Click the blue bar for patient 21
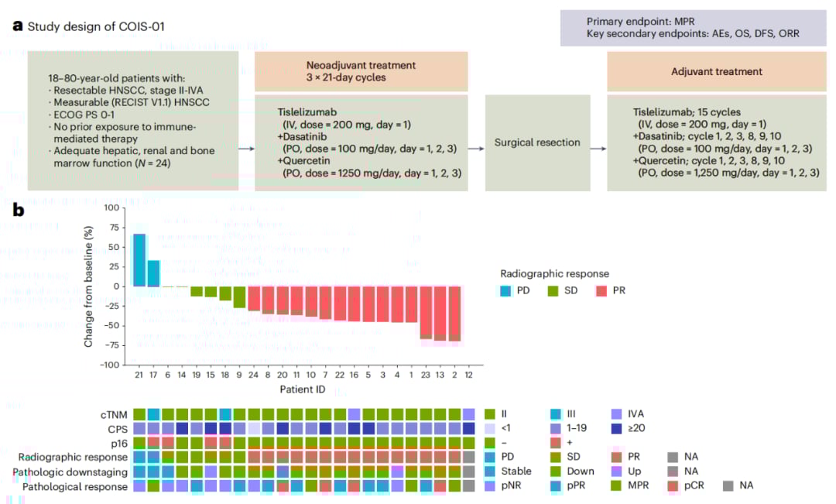139,260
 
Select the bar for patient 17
153,273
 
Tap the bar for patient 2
454,313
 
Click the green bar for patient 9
239,297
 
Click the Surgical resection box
536,143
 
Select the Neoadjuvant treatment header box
361,72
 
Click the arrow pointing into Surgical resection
476,147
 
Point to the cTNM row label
113,414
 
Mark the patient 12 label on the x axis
468,374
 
